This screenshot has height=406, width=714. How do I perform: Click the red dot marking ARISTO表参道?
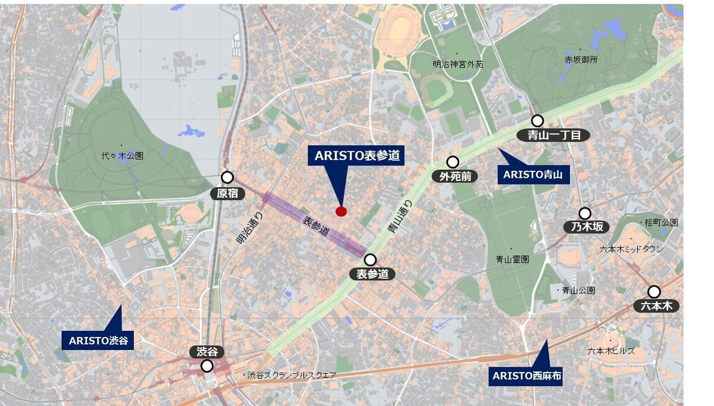coord(341,211)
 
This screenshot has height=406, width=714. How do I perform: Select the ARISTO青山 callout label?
coord(533,174)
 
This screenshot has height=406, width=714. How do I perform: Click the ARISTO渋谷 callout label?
coord(98,341)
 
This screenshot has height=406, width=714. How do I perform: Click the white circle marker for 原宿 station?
coord(227,177)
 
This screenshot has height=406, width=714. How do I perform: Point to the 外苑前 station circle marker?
coord(453,162)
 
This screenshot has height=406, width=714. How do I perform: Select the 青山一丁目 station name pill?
coord(553,135)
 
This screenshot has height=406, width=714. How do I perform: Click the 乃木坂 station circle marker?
coord(585,213)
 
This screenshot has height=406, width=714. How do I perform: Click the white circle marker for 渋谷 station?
coord(207,366)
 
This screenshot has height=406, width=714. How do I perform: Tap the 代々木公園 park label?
coord(123,155)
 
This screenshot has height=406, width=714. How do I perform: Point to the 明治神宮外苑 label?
coord(458,64)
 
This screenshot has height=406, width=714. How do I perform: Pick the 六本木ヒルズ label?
coord(611,351)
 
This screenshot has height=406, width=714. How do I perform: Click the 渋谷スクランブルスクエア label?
coord(292,375)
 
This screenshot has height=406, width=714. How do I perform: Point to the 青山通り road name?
coord(399,217)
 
